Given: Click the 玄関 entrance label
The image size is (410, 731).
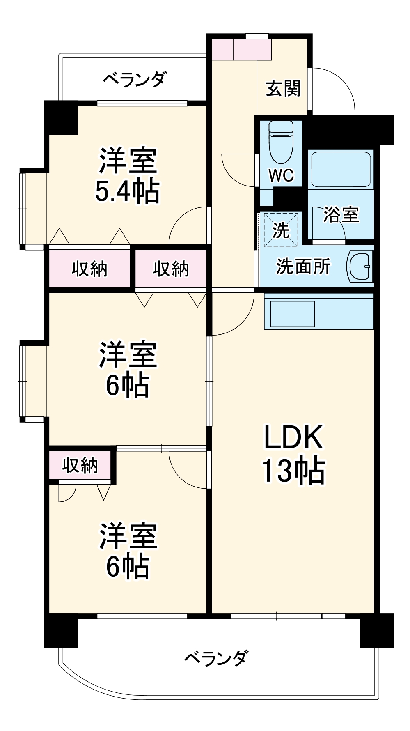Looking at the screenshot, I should pyautogui.click(x=283, y=89).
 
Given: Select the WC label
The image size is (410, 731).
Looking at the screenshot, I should pyautogui.click(x=281, y=175).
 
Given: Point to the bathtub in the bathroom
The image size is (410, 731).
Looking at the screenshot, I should pyautogui.click(x=341, y=169).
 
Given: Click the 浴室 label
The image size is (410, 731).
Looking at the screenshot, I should pyautogui.click(x=341, y=214).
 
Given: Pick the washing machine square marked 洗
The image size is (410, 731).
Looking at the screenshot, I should pyautogui.click(x=281, y=230).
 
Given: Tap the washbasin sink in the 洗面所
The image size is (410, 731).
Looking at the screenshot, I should pyautogui.click(x=360, y=266).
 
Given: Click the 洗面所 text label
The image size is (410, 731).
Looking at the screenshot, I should pyautogui.click(x=303, y=267).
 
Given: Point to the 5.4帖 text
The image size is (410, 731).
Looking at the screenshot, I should pyautogui.click(x=127, y=191).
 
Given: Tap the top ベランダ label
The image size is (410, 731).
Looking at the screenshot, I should pyautogui.click(x=135, y=78).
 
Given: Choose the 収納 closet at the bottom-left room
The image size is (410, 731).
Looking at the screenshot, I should pyautogui.click(x=80, y=465).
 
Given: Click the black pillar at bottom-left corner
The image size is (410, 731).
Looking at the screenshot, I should pyautogui.click(x=61, y=630).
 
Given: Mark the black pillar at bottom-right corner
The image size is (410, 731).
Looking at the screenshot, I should pyautogui.click(x=376, y=630).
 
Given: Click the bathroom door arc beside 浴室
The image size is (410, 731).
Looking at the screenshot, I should pyautogui.click(x=328, y=224).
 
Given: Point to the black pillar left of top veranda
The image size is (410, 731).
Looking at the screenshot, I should pyautogui.click(x=61, y=117).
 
